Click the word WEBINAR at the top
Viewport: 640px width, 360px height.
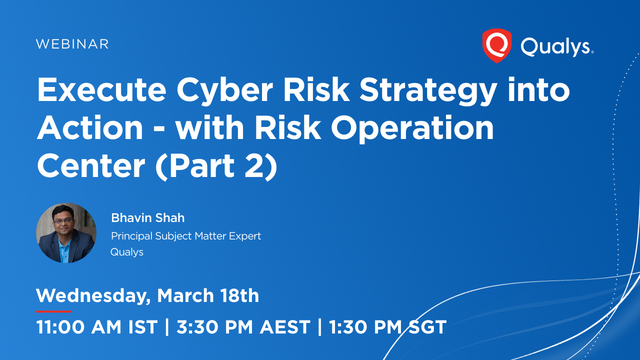(73, 45)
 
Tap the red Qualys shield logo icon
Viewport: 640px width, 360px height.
(496, 45)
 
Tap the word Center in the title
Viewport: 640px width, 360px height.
(83, 165)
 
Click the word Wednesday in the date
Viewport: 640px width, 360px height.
(93, 296)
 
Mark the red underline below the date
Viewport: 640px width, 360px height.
(53, 311)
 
